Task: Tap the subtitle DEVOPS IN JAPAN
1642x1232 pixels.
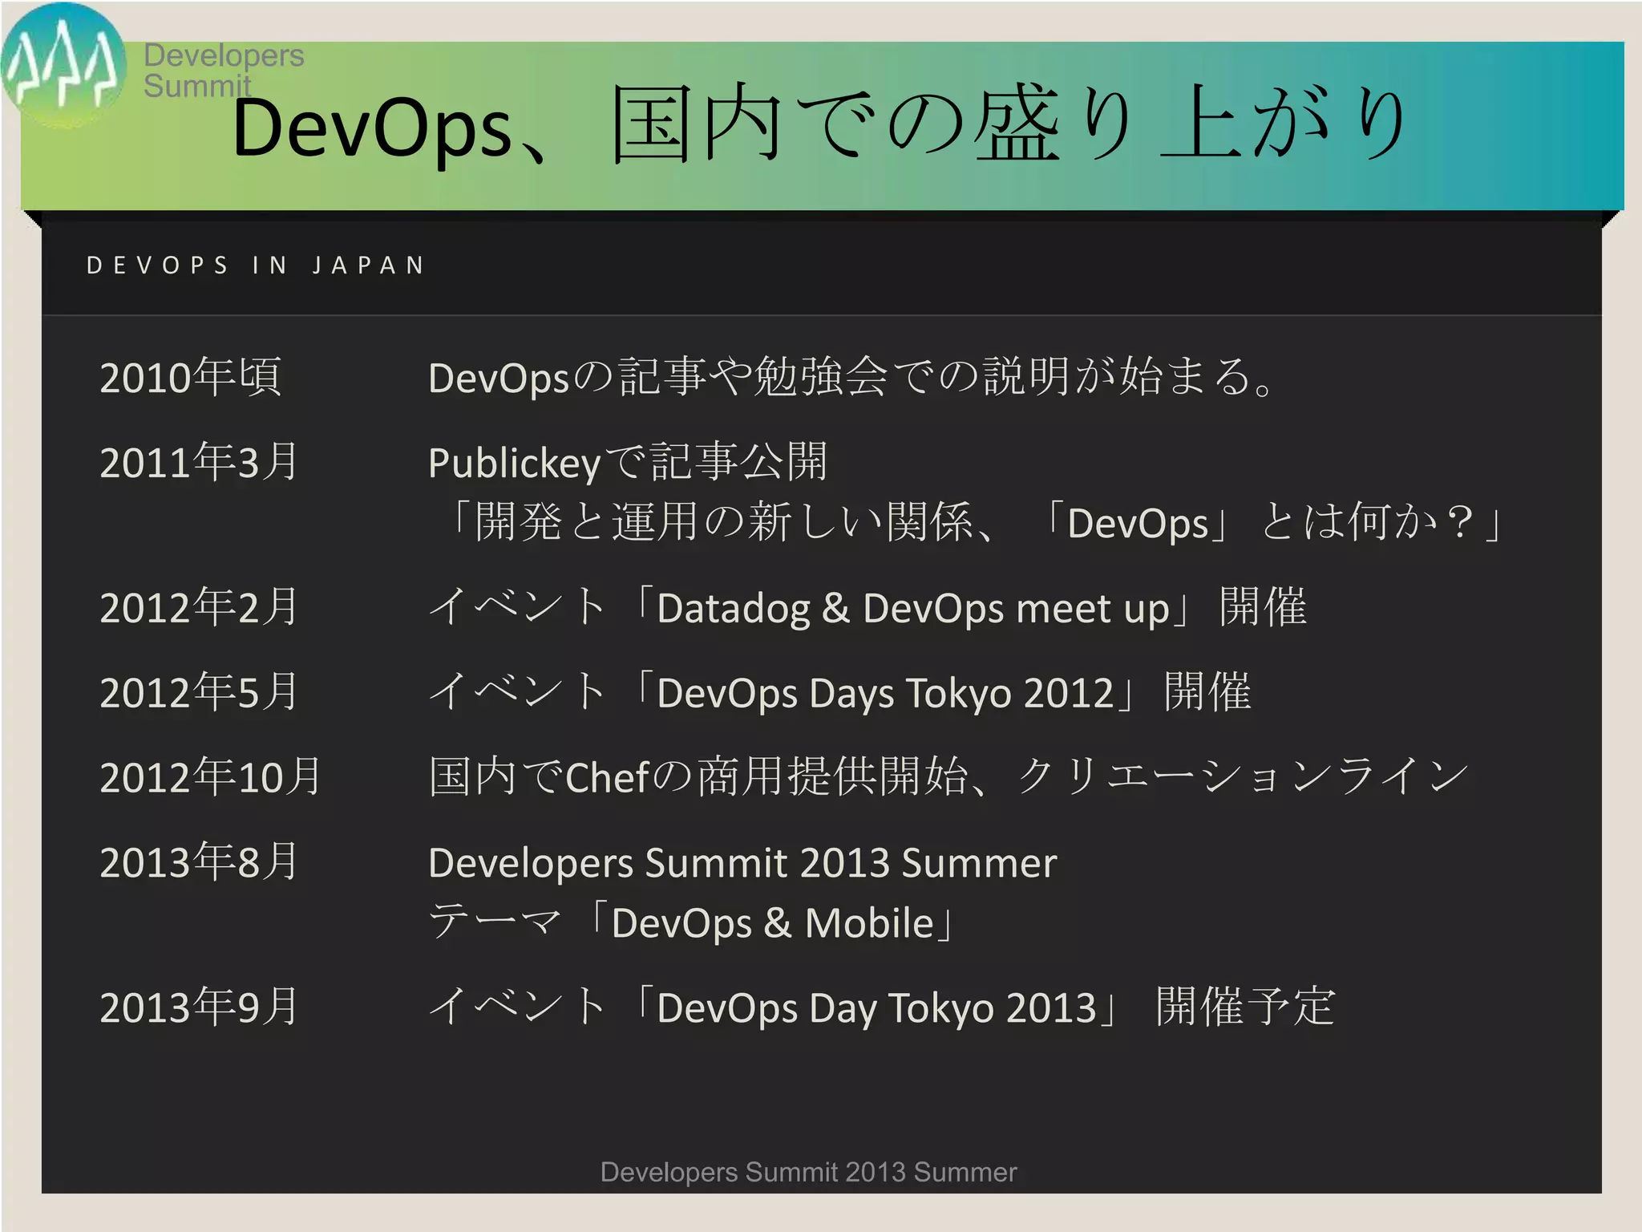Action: coord(255,265)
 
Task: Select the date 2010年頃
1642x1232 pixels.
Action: coord(191,377)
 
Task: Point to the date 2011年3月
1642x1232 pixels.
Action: coord(199,462)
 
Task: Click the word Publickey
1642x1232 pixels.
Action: coord(514,464)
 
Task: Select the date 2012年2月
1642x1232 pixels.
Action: coord(199,607)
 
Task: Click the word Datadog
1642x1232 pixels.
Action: coord(733,609)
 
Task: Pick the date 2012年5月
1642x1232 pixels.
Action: coord(199,692)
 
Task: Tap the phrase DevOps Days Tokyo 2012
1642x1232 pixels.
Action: coord(885,694)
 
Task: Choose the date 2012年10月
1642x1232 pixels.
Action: coord(210,777)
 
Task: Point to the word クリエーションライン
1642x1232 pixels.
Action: coord(1243,777)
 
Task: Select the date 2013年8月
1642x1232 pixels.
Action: coord(199,862)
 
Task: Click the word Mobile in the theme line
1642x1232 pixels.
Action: coord(869,923)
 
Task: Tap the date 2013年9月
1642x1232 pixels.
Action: coord(199,1007)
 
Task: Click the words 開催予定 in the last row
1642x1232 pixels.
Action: coord(1245,1007)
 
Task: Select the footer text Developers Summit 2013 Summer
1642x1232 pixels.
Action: coord(808,1172)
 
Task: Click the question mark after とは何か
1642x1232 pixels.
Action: coord(1461,523)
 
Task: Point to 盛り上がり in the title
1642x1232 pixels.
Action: coord(1190,124)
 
